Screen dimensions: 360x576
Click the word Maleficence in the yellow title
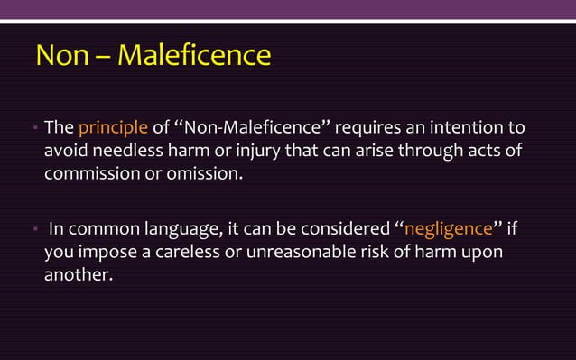pos(194,55)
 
